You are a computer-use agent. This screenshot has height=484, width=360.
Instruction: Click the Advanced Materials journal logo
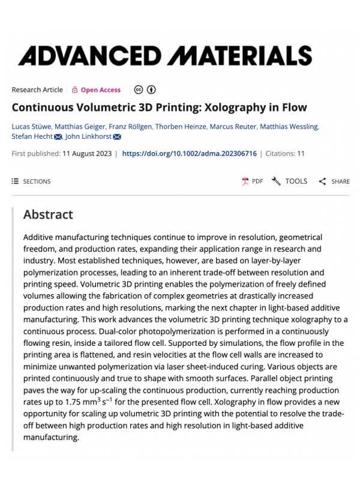point(165,56)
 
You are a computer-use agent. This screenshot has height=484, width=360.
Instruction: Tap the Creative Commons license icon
point(139,90)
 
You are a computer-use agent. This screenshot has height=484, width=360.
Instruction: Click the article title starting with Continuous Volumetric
point(159,108)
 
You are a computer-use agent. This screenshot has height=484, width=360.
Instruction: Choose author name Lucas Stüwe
point(31,126)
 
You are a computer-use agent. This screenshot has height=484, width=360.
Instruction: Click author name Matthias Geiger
point(80,126)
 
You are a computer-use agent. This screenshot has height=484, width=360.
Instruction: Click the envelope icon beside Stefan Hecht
point(58,137)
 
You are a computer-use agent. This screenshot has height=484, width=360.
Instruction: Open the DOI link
point(189,154)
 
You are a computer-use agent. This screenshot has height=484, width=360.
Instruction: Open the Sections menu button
point(31,181)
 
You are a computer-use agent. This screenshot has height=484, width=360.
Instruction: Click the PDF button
point(252,181)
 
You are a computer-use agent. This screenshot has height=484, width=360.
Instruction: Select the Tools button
point(290,181)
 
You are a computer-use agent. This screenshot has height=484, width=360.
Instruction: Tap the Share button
point(334,181)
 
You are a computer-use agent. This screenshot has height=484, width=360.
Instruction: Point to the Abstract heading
point(48,214)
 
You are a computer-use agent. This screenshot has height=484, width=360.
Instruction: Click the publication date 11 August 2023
point(87,154)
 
